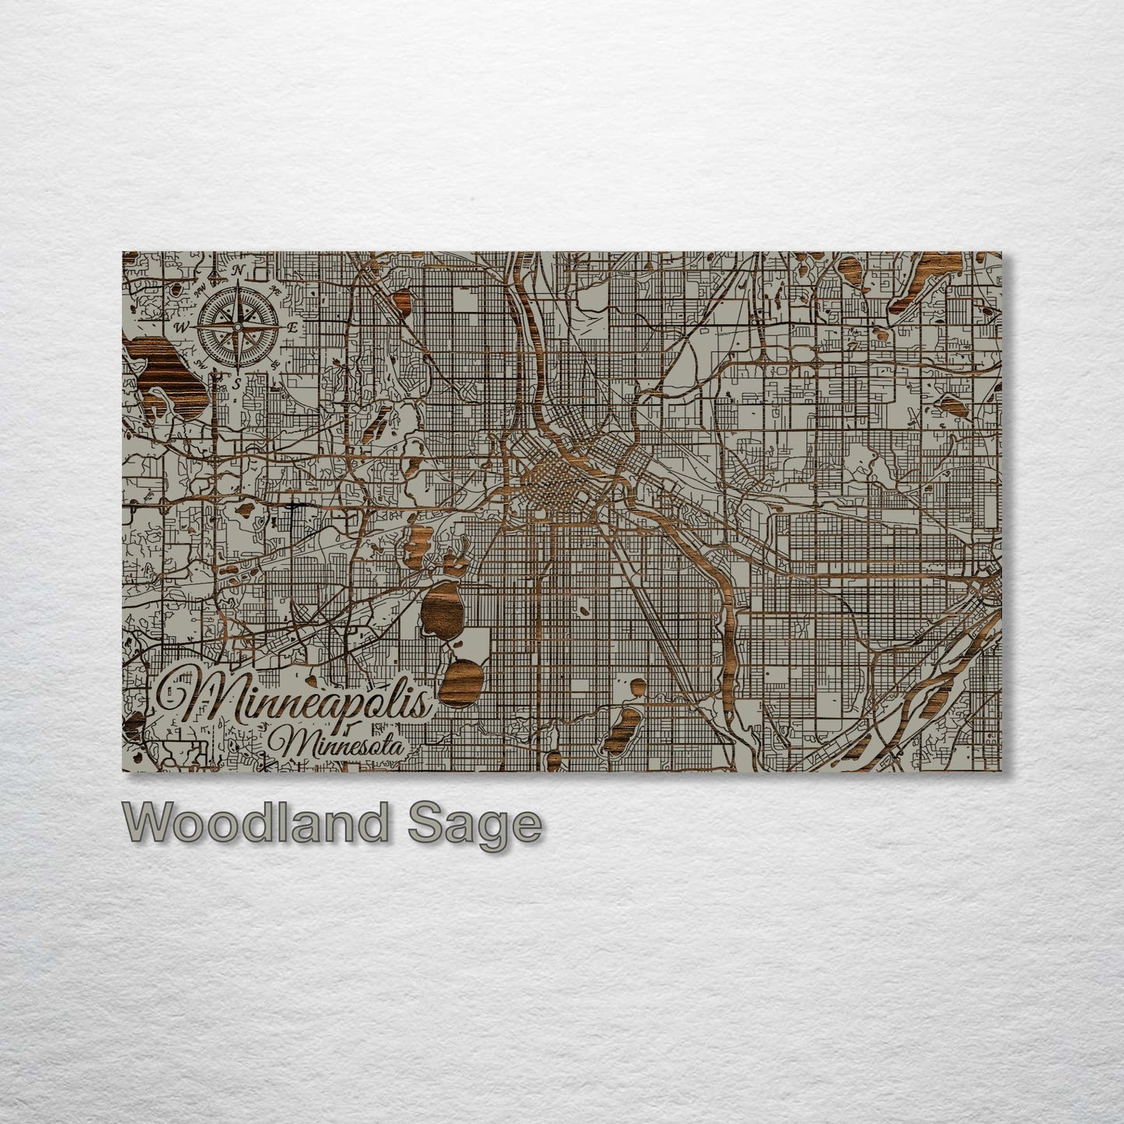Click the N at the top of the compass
click(x=241, y=270)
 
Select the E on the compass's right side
click(x=292, y=327)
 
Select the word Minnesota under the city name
click(x=337, y=744)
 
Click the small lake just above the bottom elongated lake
click(x=637, y=687)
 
